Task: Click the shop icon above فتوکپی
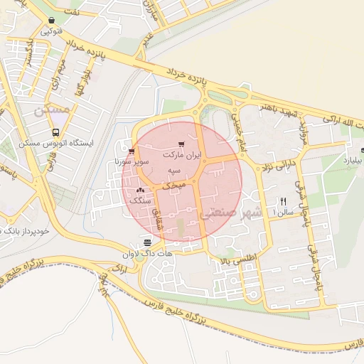(x=51, y=21)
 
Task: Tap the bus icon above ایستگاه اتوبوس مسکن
(x=56, y=132)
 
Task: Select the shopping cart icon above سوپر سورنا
(x=132, y=151)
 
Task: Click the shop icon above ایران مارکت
(x=182, y=144)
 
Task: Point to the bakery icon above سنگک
(x=139, y=190)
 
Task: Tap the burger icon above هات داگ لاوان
(x=146, y=242)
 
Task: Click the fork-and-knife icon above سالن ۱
(x=284, y=201)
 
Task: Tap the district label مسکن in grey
(x=53, y=110)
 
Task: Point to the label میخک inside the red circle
(x=174, y=184)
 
